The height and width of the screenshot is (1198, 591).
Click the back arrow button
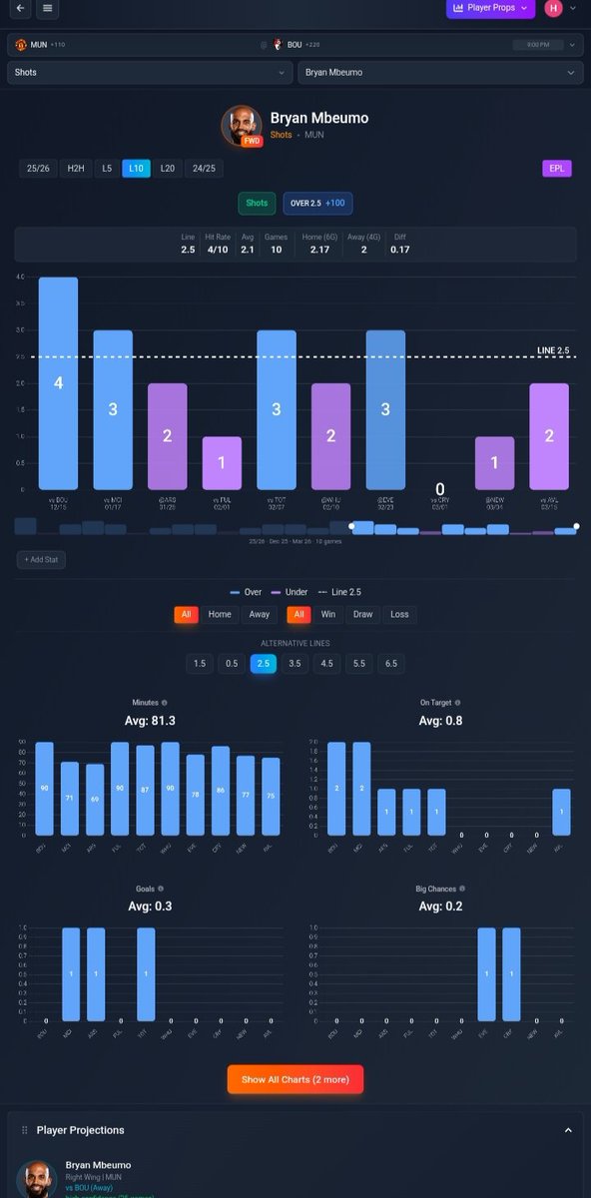19,9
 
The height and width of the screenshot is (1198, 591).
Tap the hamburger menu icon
48,9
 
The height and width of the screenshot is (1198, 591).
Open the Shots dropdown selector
150,73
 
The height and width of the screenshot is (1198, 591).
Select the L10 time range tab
136,169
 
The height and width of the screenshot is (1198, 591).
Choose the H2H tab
76,169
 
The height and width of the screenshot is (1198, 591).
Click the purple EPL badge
556,169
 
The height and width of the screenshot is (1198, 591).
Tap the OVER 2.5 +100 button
317,203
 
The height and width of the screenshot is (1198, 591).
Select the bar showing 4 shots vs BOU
58,383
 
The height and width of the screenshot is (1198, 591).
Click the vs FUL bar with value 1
222,463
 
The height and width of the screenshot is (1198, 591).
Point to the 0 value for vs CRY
440,489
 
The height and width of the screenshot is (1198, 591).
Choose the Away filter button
259,615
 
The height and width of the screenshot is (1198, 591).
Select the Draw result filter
363,615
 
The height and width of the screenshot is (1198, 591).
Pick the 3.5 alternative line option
295,664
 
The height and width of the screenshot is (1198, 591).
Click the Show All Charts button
295,1079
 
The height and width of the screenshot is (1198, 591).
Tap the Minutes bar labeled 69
95,800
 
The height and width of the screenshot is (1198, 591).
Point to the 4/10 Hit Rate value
217,250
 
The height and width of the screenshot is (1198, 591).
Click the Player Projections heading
81,1130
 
